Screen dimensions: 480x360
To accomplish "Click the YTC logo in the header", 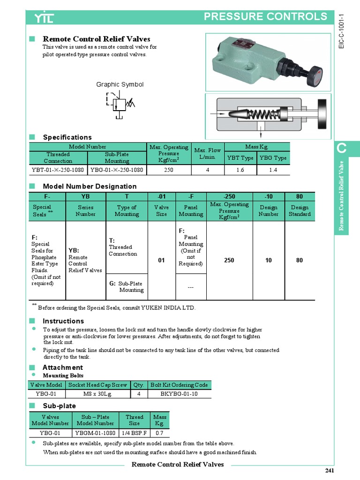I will (44, 18).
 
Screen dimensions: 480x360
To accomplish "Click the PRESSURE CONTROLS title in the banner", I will (266, 17).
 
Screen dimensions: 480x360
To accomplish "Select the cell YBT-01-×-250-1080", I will (59, 170).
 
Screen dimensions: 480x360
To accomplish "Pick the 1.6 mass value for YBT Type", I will (240, 170).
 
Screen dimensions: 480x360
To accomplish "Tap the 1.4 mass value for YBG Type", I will (273, 170).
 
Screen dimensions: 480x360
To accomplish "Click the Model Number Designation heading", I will (90, 186).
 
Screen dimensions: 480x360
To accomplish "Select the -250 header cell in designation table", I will (229, 196).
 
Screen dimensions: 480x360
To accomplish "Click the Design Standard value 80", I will (300, 260).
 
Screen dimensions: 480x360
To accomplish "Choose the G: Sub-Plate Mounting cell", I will (127, 286).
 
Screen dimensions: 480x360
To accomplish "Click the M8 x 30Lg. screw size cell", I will (98, 394).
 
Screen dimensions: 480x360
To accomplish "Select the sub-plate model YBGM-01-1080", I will (97, 433).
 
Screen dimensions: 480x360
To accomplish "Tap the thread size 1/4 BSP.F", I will (135, 433).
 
